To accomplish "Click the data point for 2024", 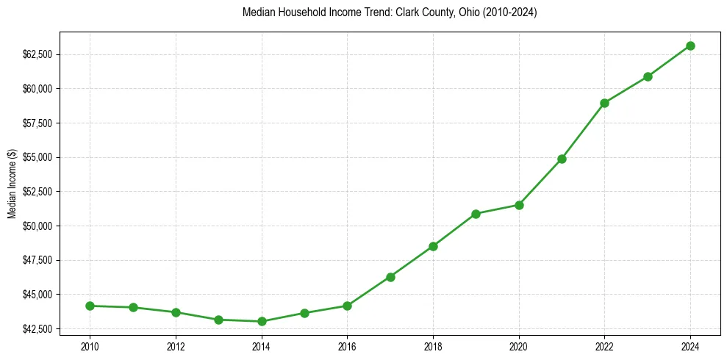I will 690,46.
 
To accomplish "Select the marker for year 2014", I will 262,321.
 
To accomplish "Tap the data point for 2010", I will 90,306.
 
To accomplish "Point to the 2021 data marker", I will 562,159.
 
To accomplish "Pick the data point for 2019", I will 476,214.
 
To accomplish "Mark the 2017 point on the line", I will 390,277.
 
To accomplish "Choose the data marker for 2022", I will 604,103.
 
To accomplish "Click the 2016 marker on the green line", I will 347,306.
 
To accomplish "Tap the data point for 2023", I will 648,76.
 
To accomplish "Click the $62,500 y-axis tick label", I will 37,54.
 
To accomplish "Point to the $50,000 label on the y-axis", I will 37,226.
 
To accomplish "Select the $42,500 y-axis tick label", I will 37,328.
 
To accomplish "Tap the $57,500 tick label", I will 37,123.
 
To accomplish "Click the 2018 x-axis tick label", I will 433,345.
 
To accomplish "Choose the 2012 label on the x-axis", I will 176,345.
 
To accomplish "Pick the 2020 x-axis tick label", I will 519,345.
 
